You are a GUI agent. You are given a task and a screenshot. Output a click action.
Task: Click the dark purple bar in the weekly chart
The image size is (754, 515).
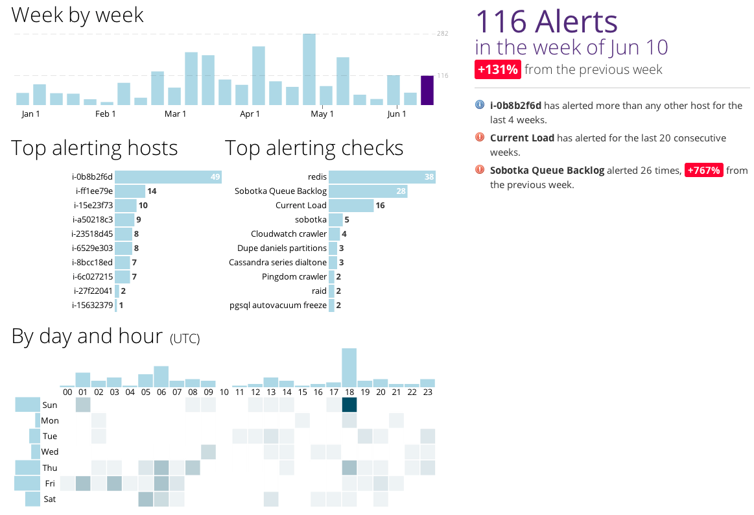(427, 90)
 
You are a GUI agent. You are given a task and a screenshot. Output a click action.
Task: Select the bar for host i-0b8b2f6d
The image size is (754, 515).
(168, 177)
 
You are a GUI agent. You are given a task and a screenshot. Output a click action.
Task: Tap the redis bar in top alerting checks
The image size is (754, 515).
(381, 177)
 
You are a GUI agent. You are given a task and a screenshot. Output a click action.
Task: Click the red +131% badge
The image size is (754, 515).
(497, 69)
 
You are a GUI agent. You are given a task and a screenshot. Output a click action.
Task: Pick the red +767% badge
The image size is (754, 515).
(703, 171)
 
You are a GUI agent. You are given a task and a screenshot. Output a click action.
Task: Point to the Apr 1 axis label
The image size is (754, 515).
(250, 114)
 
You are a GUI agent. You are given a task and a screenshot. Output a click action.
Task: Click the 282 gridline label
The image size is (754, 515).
(443, 33)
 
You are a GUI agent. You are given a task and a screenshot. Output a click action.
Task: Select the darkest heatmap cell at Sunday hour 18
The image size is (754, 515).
(349, 405)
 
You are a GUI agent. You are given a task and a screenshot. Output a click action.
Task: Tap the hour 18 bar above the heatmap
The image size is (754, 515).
(349, 368)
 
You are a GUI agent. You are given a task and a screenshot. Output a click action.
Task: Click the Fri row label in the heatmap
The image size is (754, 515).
(50, 483)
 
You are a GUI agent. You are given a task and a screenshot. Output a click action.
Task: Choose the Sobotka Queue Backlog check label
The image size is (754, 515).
(281, 191)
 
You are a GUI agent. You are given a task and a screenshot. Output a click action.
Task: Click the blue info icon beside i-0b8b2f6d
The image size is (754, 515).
(480, 105)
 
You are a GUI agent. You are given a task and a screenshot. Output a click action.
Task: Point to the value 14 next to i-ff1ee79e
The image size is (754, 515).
(152, 191)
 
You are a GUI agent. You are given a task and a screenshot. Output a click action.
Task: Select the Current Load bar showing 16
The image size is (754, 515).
(351, 206)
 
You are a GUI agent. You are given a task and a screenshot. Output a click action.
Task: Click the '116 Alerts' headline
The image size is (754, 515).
(547, 21)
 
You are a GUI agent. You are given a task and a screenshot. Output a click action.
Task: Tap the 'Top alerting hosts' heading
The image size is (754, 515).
(95, 148)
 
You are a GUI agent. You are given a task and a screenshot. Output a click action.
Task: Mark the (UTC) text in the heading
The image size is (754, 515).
(185, 339)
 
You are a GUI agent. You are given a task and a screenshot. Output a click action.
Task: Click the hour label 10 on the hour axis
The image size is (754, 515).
(224, 392)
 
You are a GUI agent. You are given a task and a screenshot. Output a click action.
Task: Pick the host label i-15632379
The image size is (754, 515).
(93, 305)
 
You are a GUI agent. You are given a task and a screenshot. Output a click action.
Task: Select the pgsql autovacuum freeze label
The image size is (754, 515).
(278, 305)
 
